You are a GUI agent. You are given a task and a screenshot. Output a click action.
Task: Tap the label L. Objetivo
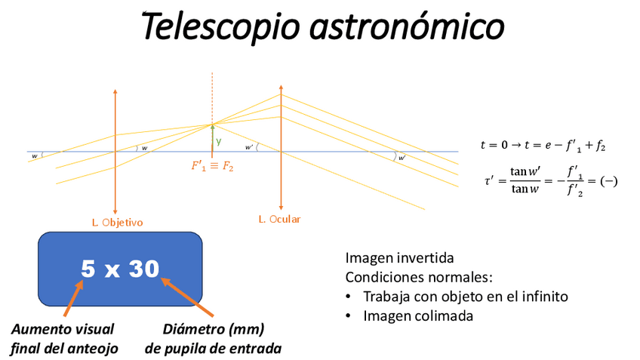[x=118, y=222]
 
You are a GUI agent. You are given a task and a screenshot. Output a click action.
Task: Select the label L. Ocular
[x=279, y=219]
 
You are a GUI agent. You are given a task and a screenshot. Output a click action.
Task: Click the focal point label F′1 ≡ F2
[x=212, y=167]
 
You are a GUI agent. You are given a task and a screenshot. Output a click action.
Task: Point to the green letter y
[x=219, y=141]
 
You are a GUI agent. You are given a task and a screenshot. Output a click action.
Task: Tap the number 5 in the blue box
[x=88, y=268]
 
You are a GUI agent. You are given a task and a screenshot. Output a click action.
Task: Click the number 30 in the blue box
[x=143, y=268]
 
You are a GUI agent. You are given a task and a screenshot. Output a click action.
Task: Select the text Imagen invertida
[x=399, y=257]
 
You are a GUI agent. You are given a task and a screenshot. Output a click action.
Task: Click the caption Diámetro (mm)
[x=214, y=329]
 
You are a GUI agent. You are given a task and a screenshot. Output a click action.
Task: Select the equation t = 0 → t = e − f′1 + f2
[x=543, y=145]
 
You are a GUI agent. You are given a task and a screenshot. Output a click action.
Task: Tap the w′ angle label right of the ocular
[x=402, y=158]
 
